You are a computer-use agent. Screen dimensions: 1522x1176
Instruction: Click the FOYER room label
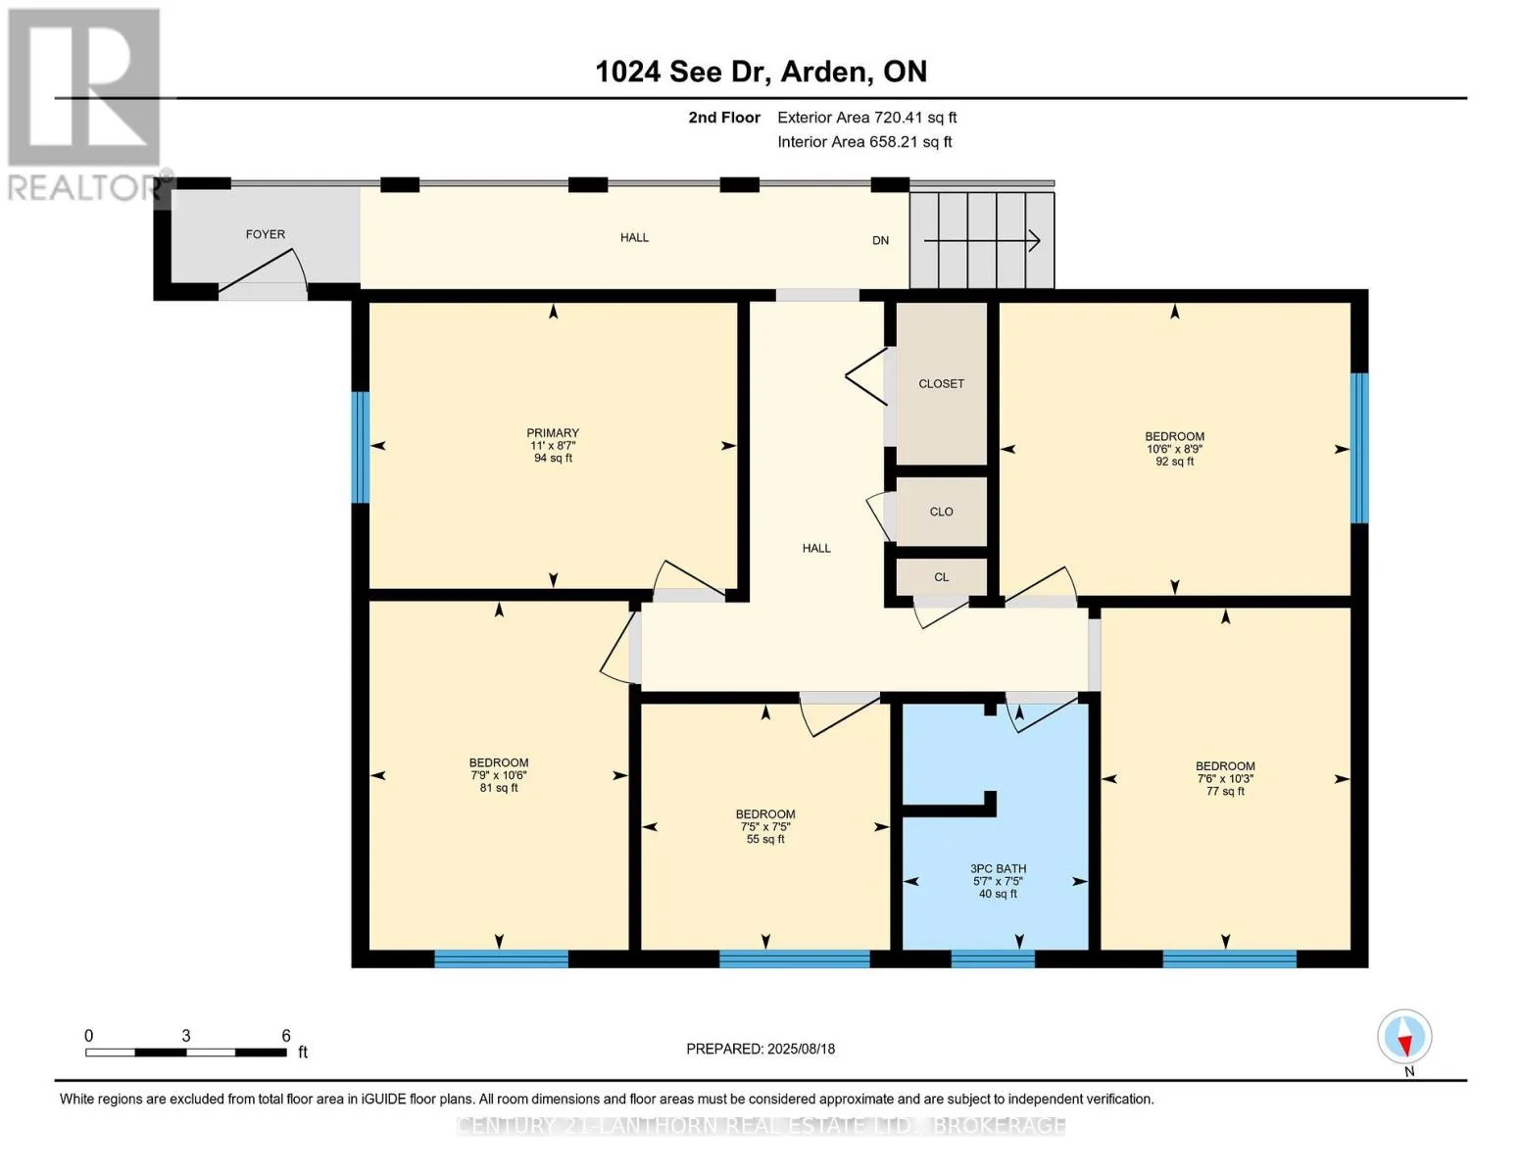click(265, 234)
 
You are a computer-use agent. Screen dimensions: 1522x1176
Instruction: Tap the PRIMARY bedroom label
click(553, 433)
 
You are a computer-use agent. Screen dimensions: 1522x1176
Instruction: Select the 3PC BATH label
click(998, 868)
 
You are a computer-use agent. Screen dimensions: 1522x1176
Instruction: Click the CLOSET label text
click(941, 384)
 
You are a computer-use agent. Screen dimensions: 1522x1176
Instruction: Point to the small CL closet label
click(941, 577)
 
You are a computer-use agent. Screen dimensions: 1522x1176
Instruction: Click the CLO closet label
click(941, 512)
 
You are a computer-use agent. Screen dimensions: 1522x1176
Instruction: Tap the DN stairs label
click(880, 240)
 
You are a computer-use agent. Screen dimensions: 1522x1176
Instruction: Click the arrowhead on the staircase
click(1034, 241)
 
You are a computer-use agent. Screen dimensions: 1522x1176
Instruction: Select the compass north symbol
click(1404, 1037)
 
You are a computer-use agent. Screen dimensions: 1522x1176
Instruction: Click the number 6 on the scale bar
click(286, 1035)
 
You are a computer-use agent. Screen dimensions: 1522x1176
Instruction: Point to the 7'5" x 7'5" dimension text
click(764, 826)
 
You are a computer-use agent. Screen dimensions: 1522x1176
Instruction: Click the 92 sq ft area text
click(1175, 462)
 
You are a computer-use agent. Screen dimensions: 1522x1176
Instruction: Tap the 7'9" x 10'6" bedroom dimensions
click(499, 775)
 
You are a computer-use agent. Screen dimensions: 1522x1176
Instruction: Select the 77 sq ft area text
click(1225, 792)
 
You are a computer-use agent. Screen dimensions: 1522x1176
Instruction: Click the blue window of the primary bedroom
click(360, 447)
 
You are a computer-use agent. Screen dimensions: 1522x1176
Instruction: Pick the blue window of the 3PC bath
click(993, 958)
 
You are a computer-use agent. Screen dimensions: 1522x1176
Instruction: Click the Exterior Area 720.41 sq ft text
click(866, 118)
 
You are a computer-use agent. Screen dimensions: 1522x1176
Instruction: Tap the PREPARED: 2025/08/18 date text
click(761, 1049)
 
